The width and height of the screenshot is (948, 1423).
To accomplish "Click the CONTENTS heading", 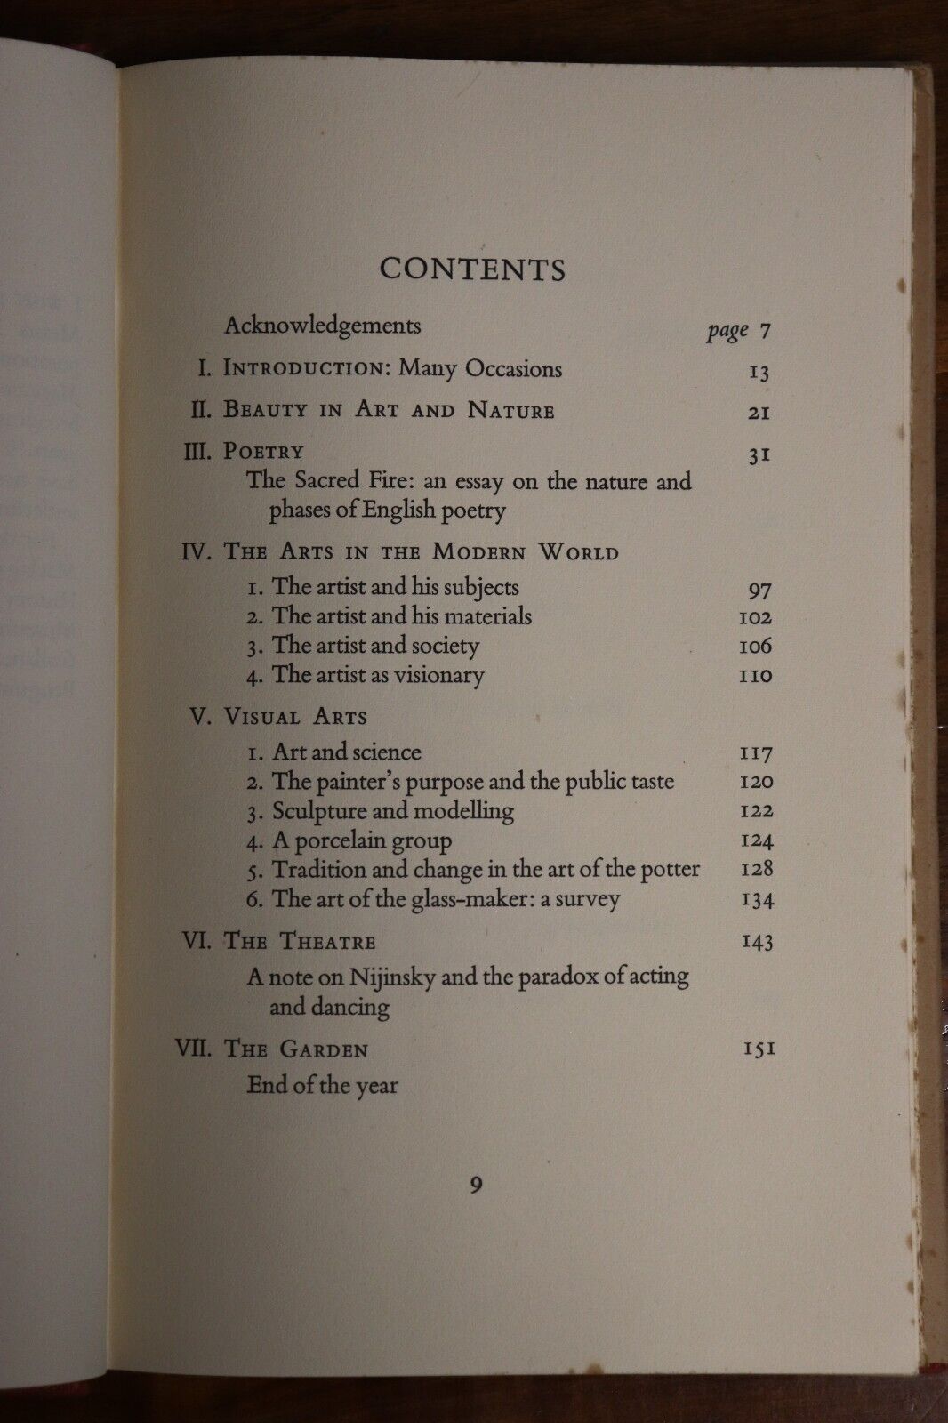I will pos(472,269).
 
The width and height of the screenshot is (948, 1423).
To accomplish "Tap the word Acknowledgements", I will pos(322,326).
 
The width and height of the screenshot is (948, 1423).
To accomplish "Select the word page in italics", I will pos(727,331).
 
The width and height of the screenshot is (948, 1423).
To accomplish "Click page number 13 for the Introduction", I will pos(759,372).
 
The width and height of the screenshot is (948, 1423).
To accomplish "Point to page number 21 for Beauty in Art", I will pos(759,413).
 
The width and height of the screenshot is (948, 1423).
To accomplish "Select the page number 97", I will pos(759,590).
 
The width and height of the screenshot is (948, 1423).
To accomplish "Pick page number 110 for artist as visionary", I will pos(756,676).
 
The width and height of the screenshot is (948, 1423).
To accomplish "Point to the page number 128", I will pos(757,869).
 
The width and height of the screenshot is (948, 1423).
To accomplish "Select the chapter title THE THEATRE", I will pos(300,942).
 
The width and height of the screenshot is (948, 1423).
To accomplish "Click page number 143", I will pos(757,942).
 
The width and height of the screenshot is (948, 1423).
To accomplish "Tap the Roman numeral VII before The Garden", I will pos(193,1049).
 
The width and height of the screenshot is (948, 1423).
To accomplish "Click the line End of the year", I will pos(322,1086).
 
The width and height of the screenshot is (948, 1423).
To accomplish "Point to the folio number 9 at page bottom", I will pos(477,1185).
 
